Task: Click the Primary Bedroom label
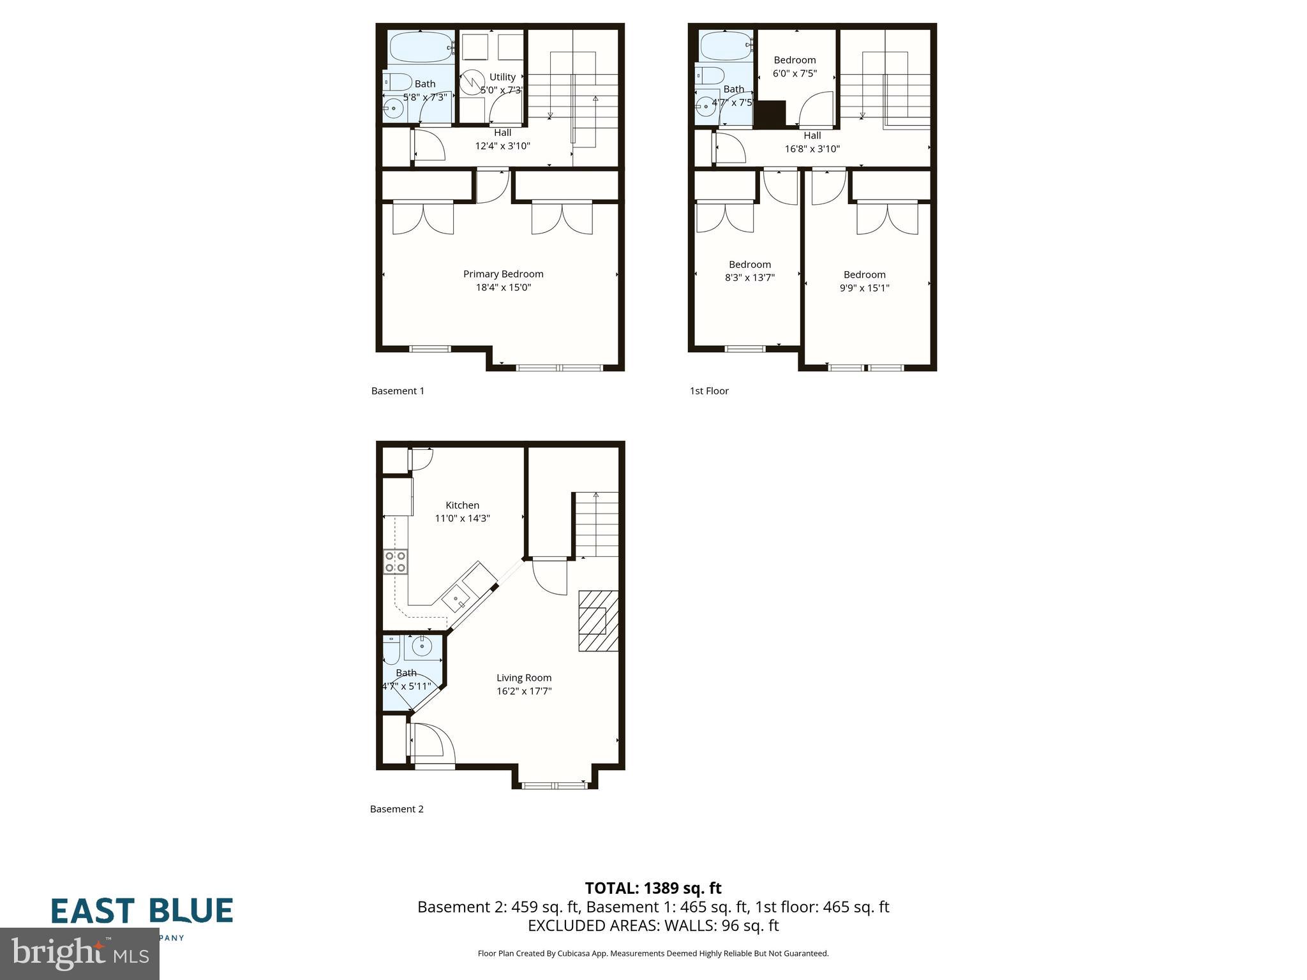click(503, 274)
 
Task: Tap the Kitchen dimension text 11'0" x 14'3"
click(462, 519)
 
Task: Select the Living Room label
click(524, 678)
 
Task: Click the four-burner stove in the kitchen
click(396, 561)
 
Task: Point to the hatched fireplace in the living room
click(598, 621)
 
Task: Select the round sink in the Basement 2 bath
click(422, 646)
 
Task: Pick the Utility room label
click(502, 77)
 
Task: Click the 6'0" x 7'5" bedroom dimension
click(795, 73)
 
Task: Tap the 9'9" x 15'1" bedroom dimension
click(864, 288)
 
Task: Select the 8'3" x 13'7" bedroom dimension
click(750, 278)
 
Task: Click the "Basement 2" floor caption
click(397, 809)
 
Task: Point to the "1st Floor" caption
click(709, 391)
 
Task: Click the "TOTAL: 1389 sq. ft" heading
click(653, 888)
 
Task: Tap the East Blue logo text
click(142, 911)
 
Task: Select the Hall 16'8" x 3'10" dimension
click(812, 149)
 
